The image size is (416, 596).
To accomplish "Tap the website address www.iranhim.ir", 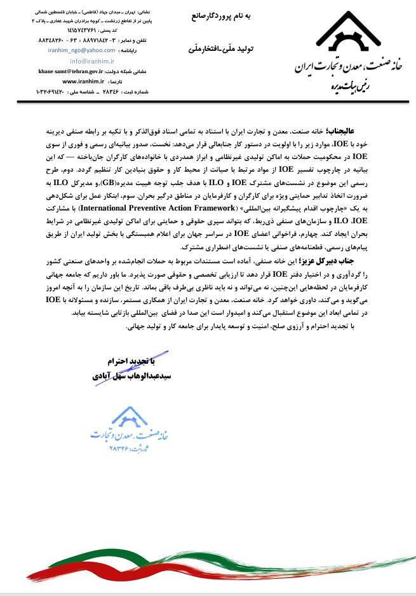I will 82,82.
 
